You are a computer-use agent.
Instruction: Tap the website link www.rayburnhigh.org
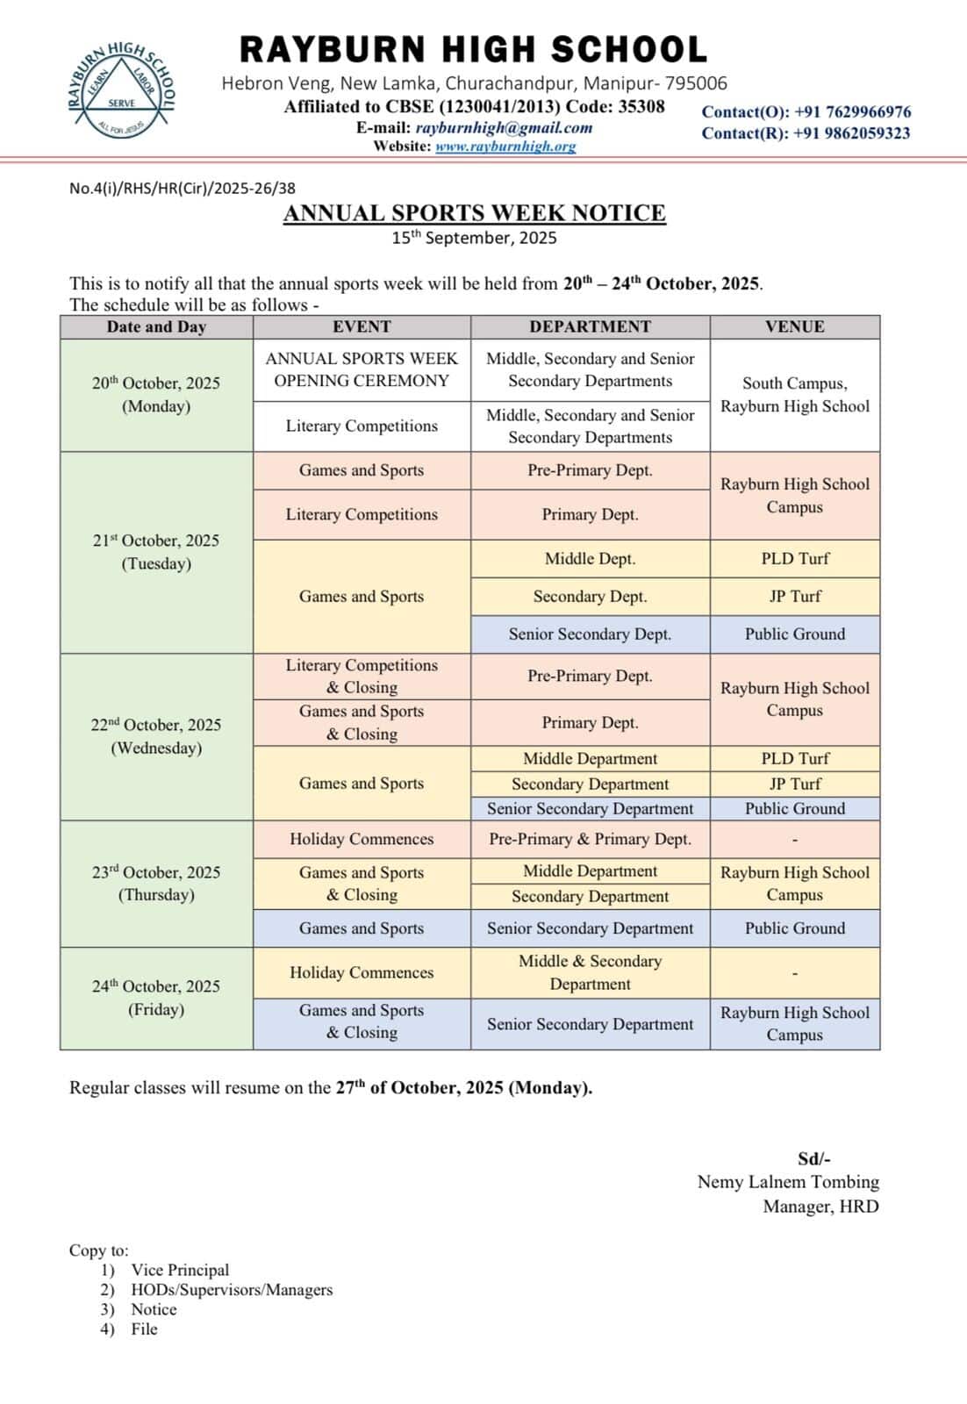click(x=505, y=147)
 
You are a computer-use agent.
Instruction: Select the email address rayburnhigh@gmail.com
click(x=504, y=127)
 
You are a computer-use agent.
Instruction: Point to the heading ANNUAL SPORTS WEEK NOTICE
click(x=474, y=213)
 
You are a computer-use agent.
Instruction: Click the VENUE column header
click(x=794, y=326)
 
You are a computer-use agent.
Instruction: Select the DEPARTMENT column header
click(x=590, y=326)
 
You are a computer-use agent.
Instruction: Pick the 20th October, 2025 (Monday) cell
click(x=156, y=394)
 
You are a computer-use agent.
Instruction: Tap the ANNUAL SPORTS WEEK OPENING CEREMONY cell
click(x=362, y=369)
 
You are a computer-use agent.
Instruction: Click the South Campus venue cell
click(x=794, y=394)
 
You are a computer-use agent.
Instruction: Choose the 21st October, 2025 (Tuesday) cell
click(x=156, y=552)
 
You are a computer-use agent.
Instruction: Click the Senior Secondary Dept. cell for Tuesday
click(x=590, y=634)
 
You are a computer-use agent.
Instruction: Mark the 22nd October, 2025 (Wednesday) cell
click(x=156, y=736)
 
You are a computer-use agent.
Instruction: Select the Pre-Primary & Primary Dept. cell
click(x=590, y=839)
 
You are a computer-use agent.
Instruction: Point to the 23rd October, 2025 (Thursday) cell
click(x=156, y=883)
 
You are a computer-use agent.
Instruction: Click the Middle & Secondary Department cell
click(x=590, y=972)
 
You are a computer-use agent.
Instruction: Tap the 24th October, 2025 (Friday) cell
click(x=156, y=998)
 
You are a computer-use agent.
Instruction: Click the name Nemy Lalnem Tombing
click(x=788, y=1182)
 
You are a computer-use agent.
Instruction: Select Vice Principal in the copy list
click(x=180, y=1270)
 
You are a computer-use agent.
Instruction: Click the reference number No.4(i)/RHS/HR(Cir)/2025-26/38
click(x=183, y=188)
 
